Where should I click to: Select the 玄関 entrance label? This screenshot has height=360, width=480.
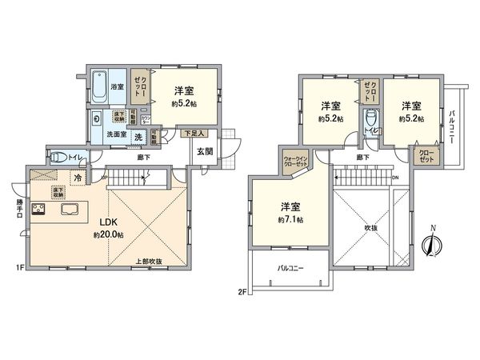(202, 150)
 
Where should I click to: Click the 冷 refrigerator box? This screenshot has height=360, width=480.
(78, 178)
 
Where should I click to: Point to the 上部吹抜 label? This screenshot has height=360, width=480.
(149, 261)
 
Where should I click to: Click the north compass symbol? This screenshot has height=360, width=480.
(431, 245)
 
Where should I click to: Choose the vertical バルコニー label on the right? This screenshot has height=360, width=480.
(452, 128)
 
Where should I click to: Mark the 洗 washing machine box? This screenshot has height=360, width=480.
(138, 137)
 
